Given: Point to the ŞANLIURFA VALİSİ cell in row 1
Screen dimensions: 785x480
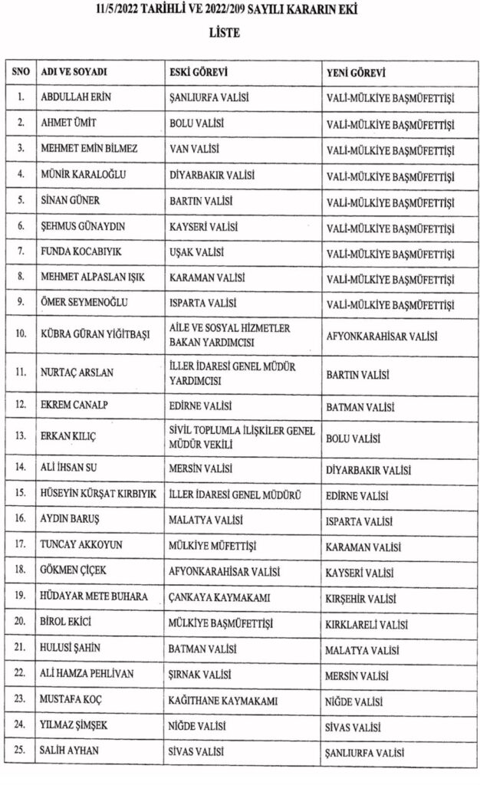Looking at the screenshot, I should point(210,97).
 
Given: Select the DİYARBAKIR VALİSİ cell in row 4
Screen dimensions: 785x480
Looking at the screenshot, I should point(214,175).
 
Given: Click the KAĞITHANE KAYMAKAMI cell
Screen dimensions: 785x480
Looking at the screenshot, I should point(222,701).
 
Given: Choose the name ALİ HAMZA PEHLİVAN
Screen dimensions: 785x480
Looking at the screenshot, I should point(87,675).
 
